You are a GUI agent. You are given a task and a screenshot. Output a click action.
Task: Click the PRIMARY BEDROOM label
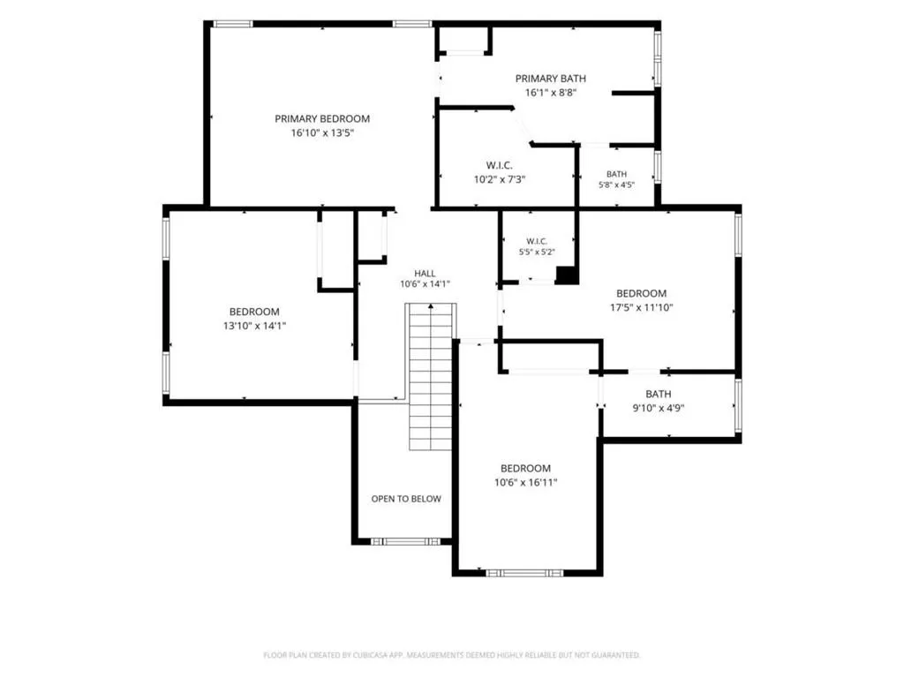(x=321, y=119)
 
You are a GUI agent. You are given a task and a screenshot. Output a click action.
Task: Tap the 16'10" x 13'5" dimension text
(x=321, y=133)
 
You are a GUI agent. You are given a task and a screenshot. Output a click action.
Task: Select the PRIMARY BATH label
(x=551, y=79)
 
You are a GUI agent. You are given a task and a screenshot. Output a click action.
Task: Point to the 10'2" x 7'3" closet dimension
(x=500, y=179)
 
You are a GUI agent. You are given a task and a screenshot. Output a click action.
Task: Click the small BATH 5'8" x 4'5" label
(x=616, y=179)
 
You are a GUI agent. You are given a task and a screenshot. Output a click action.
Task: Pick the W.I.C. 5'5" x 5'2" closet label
(x=537, y=246)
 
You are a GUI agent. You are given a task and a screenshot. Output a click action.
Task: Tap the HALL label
(x=425, y=274)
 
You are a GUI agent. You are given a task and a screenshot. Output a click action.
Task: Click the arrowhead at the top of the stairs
(x=431, y=306)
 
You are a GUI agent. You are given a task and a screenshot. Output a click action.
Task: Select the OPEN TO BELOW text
(x=406, y=499)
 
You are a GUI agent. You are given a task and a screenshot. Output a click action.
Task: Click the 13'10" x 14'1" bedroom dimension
(x=254, y=326)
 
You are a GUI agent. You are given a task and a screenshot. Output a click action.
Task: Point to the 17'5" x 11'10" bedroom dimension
(x=641, y=307)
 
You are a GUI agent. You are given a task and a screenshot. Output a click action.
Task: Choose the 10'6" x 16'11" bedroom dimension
(x=525, y=482)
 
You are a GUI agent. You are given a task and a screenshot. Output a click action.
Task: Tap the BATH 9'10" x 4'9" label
(x=658, y=402)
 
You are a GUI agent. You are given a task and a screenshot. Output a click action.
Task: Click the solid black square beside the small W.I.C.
(x=567, y=275)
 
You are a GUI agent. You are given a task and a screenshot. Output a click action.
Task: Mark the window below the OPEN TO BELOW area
(x=405, y=541)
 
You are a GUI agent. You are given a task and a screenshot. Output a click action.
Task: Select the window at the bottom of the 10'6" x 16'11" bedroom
(x=524, y=573)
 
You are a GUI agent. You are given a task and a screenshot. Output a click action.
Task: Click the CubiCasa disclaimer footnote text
(x=451, y=655)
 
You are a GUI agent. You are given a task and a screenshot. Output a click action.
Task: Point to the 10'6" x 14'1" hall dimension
(x=425, y=284)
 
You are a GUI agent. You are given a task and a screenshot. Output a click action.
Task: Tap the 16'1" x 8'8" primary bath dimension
(x=551, y=93)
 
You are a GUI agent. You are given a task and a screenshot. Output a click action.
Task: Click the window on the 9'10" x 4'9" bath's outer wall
(x=738, y=405)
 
